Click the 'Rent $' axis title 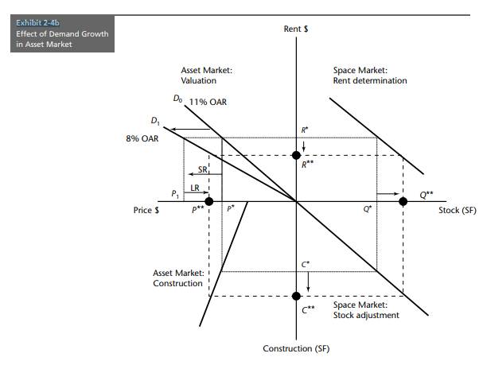coord(296,29)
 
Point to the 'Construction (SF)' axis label coord(296,349)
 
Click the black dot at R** coord(296,155)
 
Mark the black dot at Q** coord(403,201)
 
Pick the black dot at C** coord(296,296)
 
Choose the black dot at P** coord(208,201)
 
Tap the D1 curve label coord(154,121)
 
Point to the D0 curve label coord(177,99)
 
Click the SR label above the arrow coord(203,170)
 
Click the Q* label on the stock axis coord(367,211)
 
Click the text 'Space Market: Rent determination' coord(369,76)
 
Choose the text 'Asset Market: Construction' coord(177,278)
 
